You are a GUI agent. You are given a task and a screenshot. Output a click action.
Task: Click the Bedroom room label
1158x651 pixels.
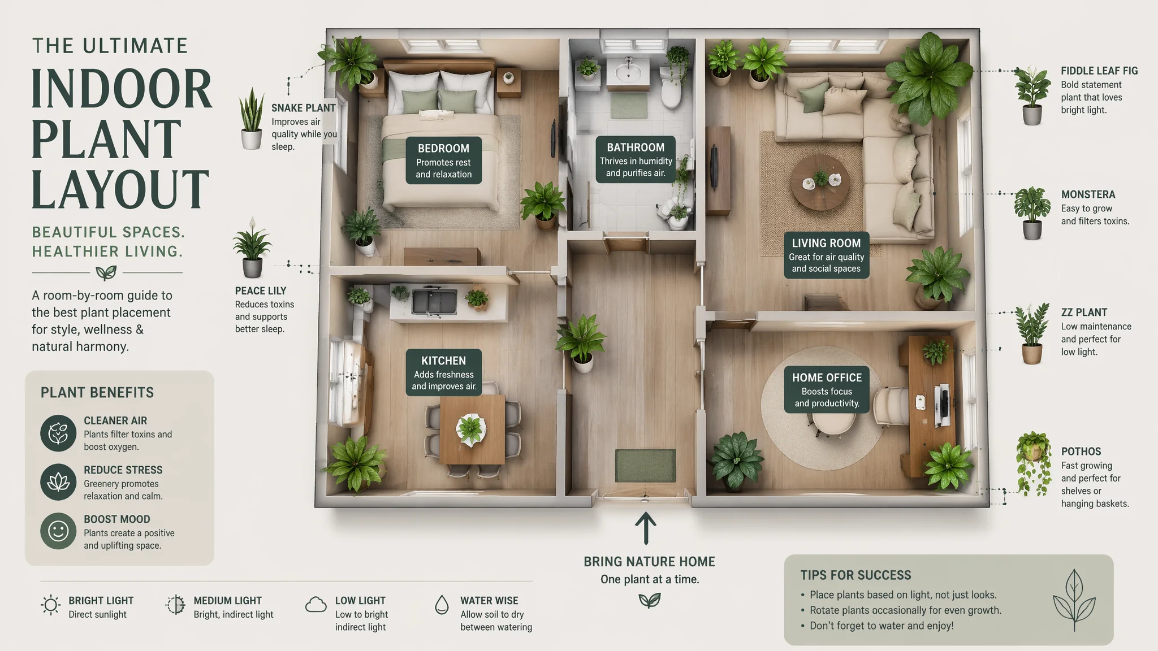(x=444, y=160)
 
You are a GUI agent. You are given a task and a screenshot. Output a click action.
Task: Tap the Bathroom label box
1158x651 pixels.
(x=636, y=159)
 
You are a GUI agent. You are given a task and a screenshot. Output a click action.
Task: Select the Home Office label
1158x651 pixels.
(x=827, y=389)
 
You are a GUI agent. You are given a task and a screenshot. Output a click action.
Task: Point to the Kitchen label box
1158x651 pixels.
(x=444, y=372)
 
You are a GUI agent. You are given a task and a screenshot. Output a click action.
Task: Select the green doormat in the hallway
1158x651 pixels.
(x=645, y=466)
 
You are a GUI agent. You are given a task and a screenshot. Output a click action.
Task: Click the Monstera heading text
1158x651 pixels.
(x=1088, y=194)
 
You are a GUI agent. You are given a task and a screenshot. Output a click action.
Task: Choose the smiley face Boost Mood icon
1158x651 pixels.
(x=58, y=531)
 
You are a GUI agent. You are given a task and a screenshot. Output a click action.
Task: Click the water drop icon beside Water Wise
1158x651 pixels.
(x=442, y=605)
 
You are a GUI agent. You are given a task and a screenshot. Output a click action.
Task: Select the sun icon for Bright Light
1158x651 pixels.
(x=51, y=605)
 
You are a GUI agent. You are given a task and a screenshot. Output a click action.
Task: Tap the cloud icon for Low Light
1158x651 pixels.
(x=316, y=605)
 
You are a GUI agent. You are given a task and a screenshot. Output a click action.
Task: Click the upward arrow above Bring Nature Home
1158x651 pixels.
(x=645, y=528)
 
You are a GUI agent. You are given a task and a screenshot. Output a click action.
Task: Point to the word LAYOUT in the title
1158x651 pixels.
(x=120, y=189)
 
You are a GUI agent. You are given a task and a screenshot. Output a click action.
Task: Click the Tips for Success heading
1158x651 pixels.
(x=855, y=575)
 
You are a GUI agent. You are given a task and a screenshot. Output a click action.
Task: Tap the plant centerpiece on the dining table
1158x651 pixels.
(x=470, y=429)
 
